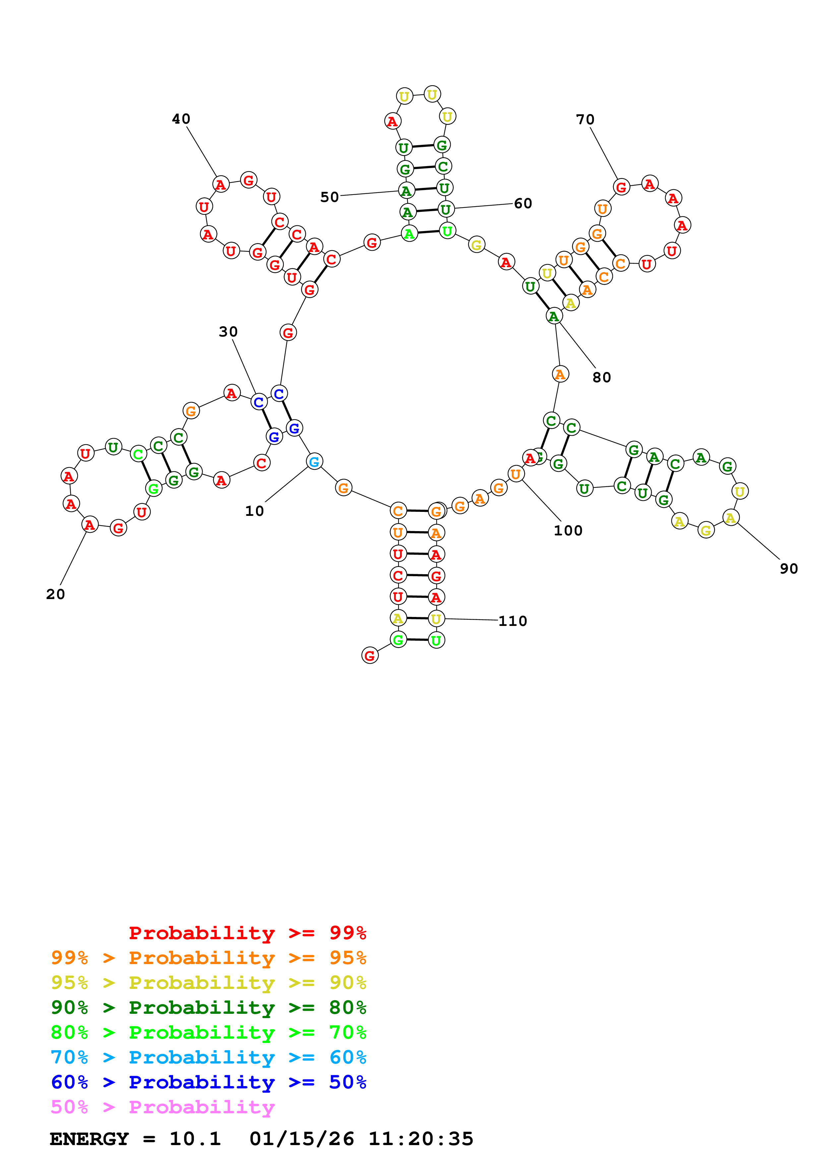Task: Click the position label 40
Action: pyautogui.click(x=181, y=119)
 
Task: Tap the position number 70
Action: pyautogui.click(x=585, y=120)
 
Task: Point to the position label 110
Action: pyautogui.click(x=513, y=621)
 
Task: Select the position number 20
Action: pyautogui.click(x=55, y=594)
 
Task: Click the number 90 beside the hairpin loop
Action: pyautogui.click(x=789, y=569)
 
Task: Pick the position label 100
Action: pyautogui.click(x=568, y=530)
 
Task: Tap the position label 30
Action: pyautogui.click(x=228, y=332)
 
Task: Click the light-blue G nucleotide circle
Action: pyautogui.click(x=314, y=461)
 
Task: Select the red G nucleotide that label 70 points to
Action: pyautogui.click(x=621, y=187)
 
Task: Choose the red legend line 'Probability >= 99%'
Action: pyautogui.click(x=247, y=933)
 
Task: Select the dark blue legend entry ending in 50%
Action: pyautogui.click(x=208, y=1082)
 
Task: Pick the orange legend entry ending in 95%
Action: pyautogui.click(x=208, y=958)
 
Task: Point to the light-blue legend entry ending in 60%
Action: pyautogui.click(x=208, y=1057)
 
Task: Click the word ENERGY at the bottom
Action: pyautogui.click(x=89, y=1139)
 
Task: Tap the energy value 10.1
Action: pyautogui.click(x=195, y=1139)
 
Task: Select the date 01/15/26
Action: pyautogui.click(x=302, y=1139)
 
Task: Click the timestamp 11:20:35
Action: pyautogui.click(x=421, y=1139)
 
